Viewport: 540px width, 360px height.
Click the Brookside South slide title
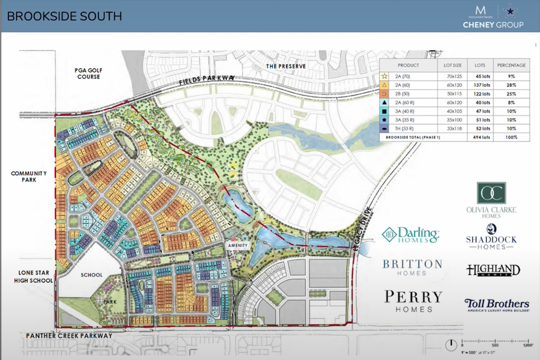click(65, 16)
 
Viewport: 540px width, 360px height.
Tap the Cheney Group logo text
click(493, 25)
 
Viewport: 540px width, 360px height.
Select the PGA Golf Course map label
click(87, 73)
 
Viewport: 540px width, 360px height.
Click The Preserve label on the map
click(286, 66)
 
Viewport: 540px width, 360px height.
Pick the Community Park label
click(29, 177)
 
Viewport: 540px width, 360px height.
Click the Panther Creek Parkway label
click(69, 335)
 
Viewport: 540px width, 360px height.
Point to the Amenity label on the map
click(236, 245)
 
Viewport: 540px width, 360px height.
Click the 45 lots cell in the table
click(479, 76)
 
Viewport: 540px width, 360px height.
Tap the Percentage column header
click(511, 65)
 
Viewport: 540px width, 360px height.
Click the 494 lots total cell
click(479, 137)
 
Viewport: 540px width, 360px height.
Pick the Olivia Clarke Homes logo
click(491, 200)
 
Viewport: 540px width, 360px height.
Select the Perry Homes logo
click(413, 301)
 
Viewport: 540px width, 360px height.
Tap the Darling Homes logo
click(411, 235)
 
